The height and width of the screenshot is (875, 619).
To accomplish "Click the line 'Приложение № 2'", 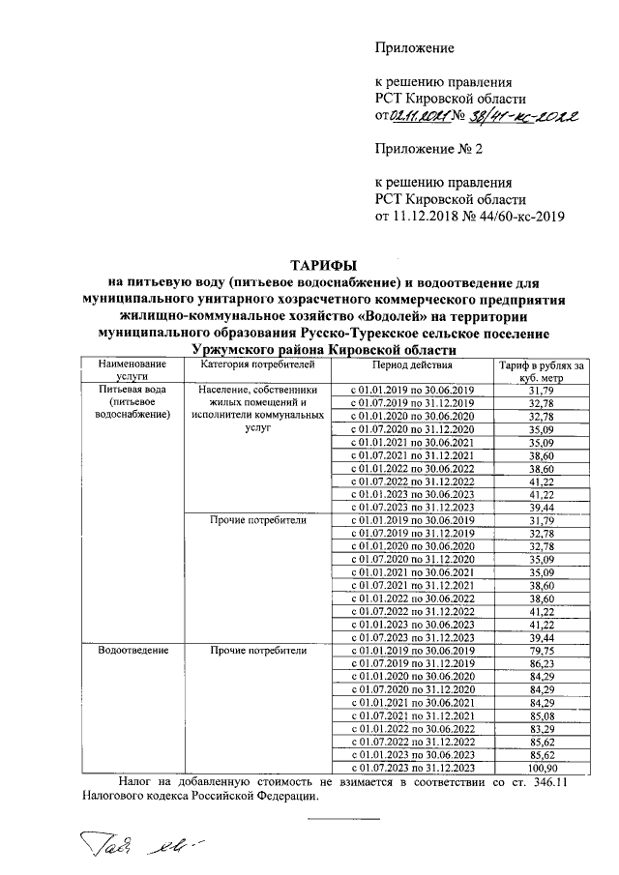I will [427, 149].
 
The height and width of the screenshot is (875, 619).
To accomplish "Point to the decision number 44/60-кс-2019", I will [518, 216].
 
